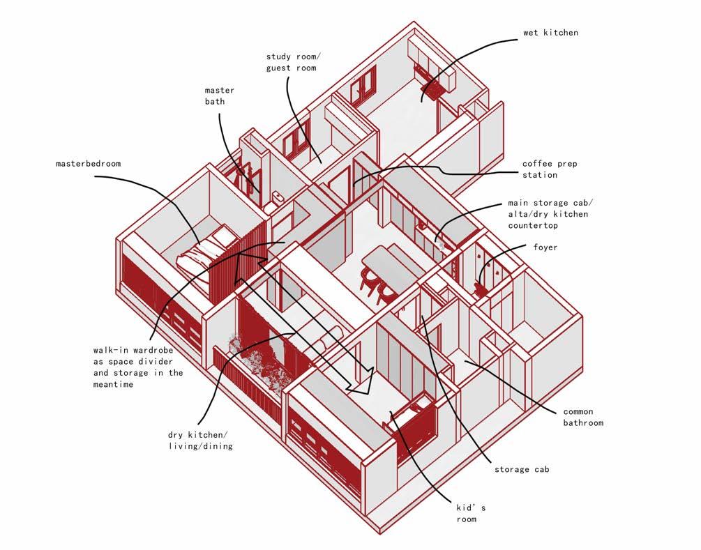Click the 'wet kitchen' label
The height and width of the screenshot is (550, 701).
click(550, 33)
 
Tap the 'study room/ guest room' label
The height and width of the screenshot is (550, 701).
click(291, 62)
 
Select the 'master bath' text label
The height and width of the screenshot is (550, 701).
click(219, 96)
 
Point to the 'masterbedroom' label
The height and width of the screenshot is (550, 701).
click(88, 164)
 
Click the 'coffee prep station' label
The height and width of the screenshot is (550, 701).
click(550, 169)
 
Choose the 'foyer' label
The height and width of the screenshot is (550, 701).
click(545, 247)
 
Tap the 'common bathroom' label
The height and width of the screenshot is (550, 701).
click(582, 417)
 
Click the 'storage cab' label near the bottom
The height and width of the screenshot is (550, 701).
click(522, 469)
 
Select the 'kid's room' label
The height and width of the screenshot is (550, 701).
click(467, 514)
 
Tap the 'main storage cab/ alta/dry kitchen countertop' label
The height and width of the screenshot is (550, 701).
click(548, 214)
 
